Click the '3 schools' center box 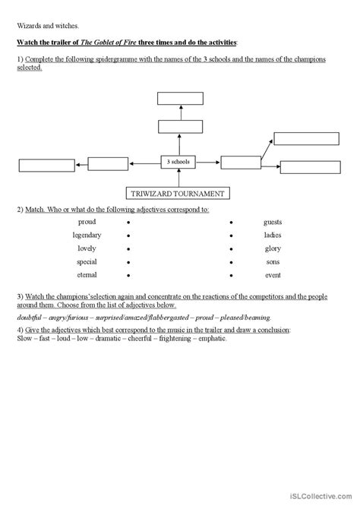point(178,161)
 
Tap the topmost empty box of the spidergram point(178,98)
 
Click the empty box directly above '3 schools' point(178,127)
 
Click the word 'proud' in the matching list point(87,222)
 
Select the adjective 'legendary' point(87,235)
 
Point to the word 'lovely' point(87,248)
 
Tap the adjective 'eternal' point(87,273)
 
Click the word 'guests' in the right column point(273,222)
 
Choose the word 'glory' point(273,248)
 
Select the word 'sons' point(273,261)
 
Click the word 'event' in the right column point(273,273)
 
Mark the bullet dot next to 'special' point(129,261)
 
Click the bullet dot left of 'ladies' point(231,236)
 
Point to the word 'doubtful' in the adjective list point(30,317)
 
